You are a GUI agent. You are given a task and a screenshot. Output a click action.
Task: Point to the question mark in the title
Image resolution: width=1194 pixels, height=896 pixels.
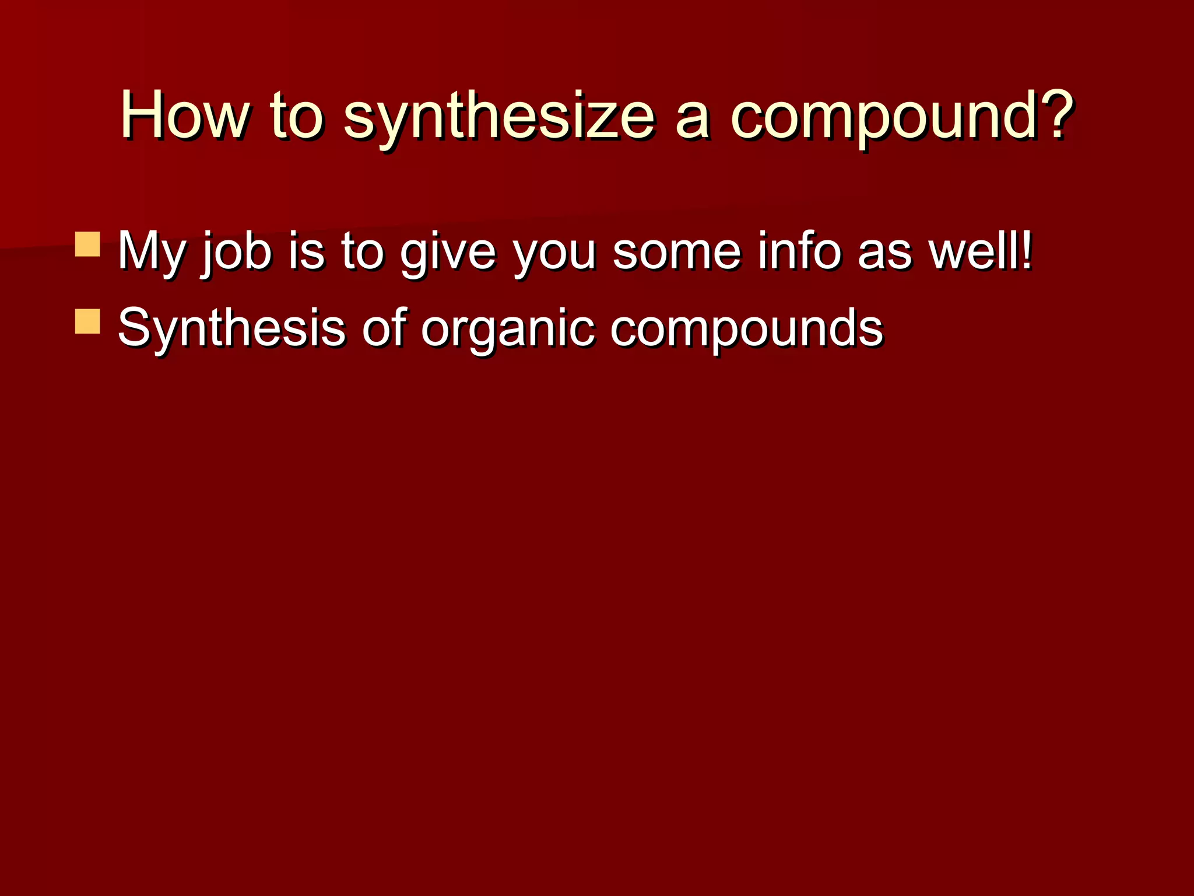(1052, 114)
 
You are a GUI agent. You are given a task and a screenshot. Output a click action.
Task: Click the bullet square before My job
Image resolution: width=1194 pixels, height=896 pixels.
(88, 244)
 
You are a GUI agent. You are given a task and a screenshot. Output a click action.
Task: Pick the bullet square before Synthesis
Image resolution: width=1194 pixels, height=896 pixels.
(88, 321)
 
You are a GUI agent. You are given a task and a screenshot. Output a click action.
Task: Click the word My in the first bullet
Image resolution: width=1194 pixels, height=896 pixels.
(152, 252)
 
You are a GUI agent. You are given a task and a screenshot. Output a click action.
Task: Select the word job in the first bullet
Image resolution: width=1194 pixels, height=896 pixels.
(237, 252)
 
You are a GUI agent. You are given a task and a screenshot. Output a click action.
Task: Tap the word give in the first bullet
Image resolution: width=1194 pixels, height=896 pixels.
(448, 252)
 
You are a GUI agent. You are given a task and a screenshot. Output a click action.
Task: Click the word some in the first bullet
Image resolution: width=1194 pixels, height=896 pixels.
(677, 252)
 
